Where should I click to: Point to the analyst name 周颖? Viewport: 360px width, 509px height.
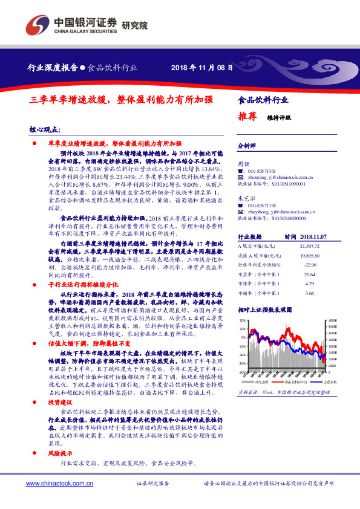243,164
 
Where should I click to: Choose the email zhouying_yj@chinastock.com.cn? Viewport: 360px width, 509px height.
280,178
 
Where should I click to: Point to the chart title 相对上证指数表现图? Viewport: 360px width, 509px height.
264,310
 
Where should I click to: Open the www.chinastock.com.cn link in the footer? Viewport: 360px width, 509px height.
59,483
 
